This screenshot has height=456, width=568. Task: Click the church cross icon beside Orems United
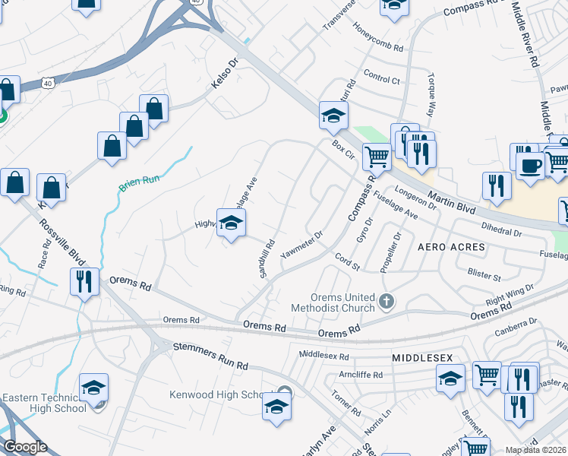click(387, 302)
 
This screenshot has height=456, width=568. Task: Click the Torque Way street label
click(431, 93)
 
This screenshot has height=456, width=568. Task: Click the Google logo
click(24, 447)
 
